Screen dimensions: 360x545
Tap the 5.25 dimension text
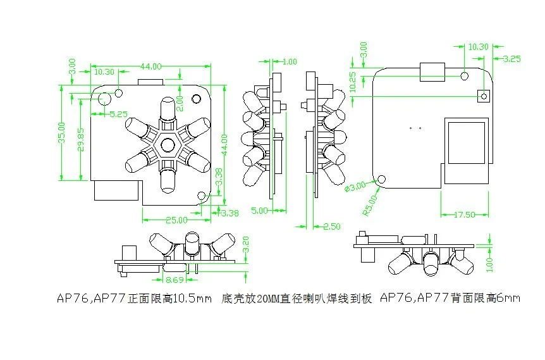click(x=119, y=115)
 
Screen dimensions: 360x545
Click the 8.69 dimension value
click(x=174, y=278)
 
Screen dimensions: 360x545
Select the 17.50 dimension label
click(x=465, y=214)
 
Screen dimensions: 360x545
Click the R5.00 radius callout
click(x=369, y=205)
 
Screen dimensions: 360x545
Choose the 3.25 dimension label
click(x=511, y=58)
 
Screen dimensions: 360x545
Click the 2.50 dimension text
click(x=332, y=226)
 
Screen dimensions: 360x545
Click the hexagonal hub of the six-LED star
click(x=168, y=145)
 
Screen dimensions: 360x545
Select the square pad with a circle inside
click(x=484, y=96)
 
